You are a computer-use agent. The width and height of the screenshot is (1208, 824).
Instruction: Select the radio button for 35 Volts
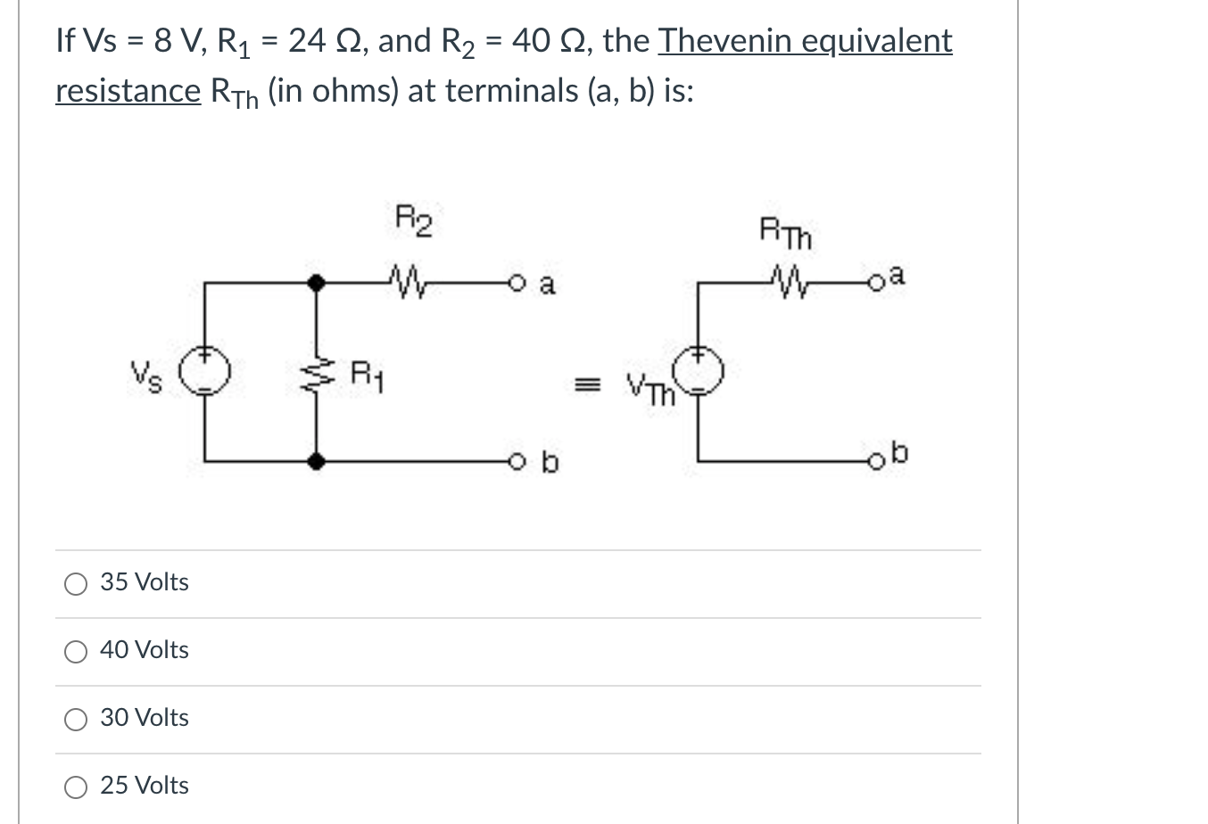pos(76,584)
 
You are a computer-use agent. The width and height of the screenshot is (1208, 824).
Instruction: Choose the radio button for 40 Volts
pos(76,652)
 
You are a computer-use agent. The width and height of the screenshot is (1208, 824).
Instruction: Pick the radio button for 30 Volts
pos(76,720)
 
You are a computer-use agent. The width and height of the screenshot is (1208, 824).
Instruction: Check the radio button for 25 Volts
pos(76,787)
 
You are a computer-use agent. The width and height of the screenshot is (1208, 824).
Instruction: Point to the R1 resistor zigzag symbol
pos(315,373)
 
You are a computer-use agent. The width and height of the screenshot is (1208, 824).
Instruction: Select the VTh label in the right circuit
pos(650,390)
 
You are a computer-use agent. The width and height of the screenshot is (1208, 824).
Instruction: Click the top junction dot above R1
pos(315,283)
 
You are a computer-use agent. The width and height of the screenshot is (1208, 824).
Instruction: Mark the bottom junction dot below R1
pos(315,461)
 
